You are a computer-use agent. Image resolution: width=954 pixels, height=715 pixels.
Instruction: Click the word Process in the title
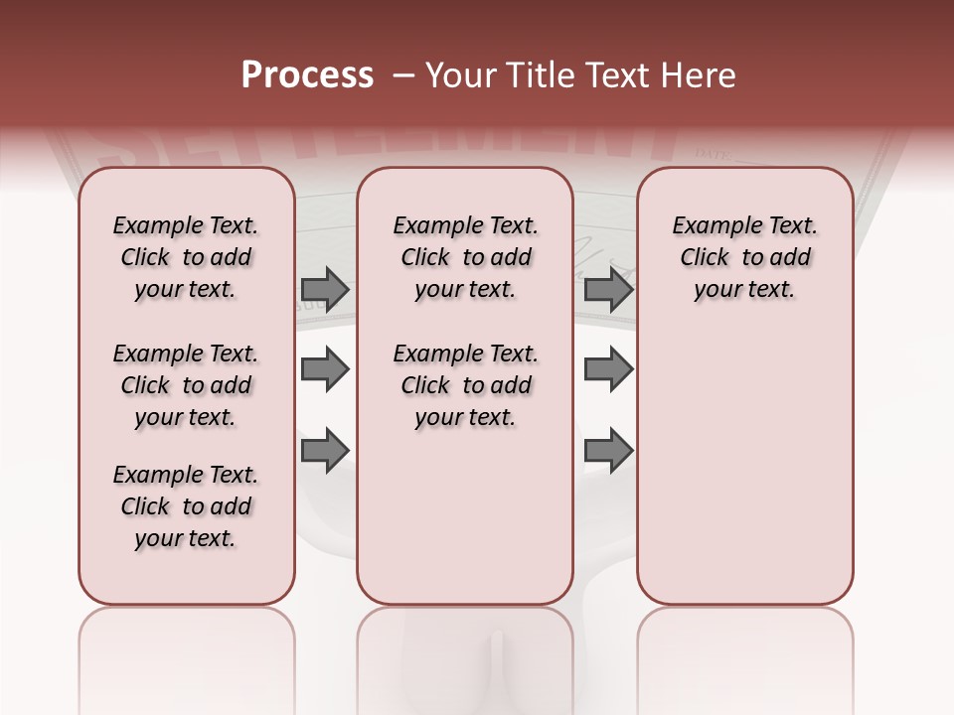[307, 75]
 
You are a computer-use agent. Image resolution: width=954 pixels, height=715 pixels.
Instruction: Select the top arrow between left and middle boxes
[325, 289]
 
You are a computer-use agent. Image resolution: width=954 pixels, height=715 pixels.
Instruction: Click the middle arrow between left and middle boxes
[325, 369]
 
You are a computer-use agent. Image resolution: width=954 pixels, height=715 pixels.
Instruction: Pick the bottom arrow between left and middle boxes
[325, 450]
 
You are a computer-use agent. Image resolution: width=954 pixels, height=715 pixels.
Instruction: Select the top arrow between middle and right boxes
[608, 289]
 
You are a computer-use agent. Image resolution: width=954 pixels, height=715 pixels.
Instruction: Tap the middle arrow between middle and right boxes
[608, 369]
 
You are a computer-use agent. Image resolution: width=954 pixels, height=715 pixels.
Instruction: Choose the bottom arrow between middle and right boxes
[608, 450]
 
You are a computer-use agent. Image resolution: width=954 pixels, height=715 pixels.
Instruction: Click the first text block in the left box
[186, 257]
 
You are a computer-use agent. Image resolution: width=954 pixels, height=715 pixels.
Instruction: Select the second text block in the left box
[186, 385]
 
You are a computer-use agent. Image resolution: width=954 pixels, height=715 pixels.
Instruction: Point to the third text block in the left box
[186, 506]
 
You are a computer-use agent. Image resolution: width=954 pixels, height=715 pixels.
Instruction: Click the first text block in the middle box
[465, 257]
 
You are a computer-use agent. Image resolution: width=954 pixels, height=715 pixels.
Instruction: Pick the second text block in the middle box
[465, 385]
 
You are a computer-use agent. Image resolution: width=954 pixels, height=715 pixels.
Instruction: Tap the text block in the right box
[744, 257]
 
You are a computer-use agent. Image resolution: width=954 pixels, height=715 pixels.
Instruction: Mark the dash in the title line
[403, 75]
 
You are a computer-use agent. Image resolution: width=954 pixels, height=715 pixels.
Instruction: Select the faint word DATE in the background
[712, 154]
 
